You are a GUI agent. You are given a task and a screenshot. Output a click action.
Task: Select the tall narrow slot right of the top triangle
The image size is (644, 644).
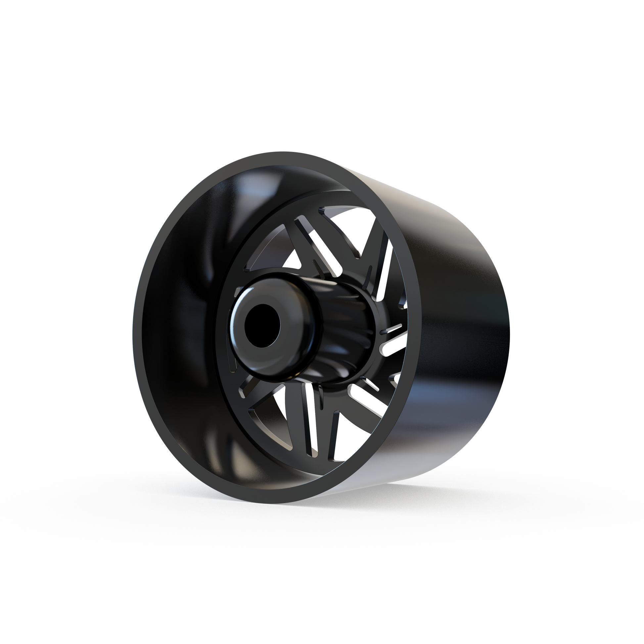383,260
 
